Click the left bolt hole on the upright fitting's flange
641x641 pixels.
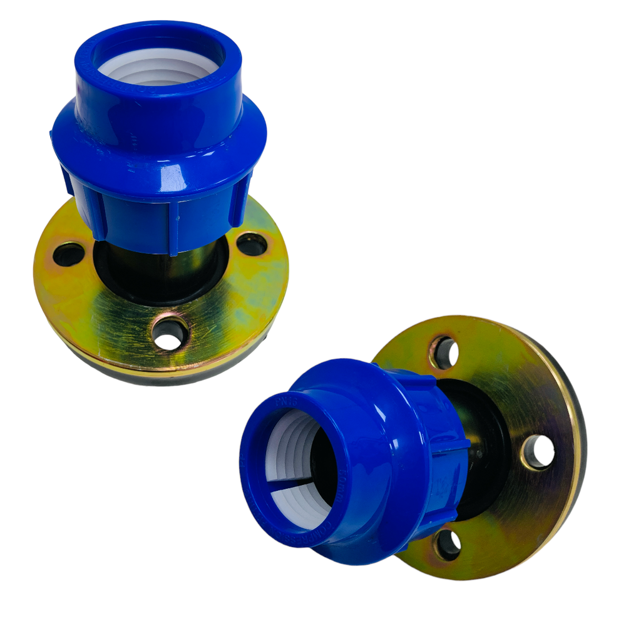tap(68, 254)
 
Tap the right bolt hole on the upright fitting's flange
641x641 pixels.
tap(252, 244)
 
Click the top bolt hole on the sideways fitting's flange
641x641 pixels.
tap(444, 353)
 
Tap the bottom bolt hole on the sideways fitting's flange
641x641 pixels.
tap(447, 545)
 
